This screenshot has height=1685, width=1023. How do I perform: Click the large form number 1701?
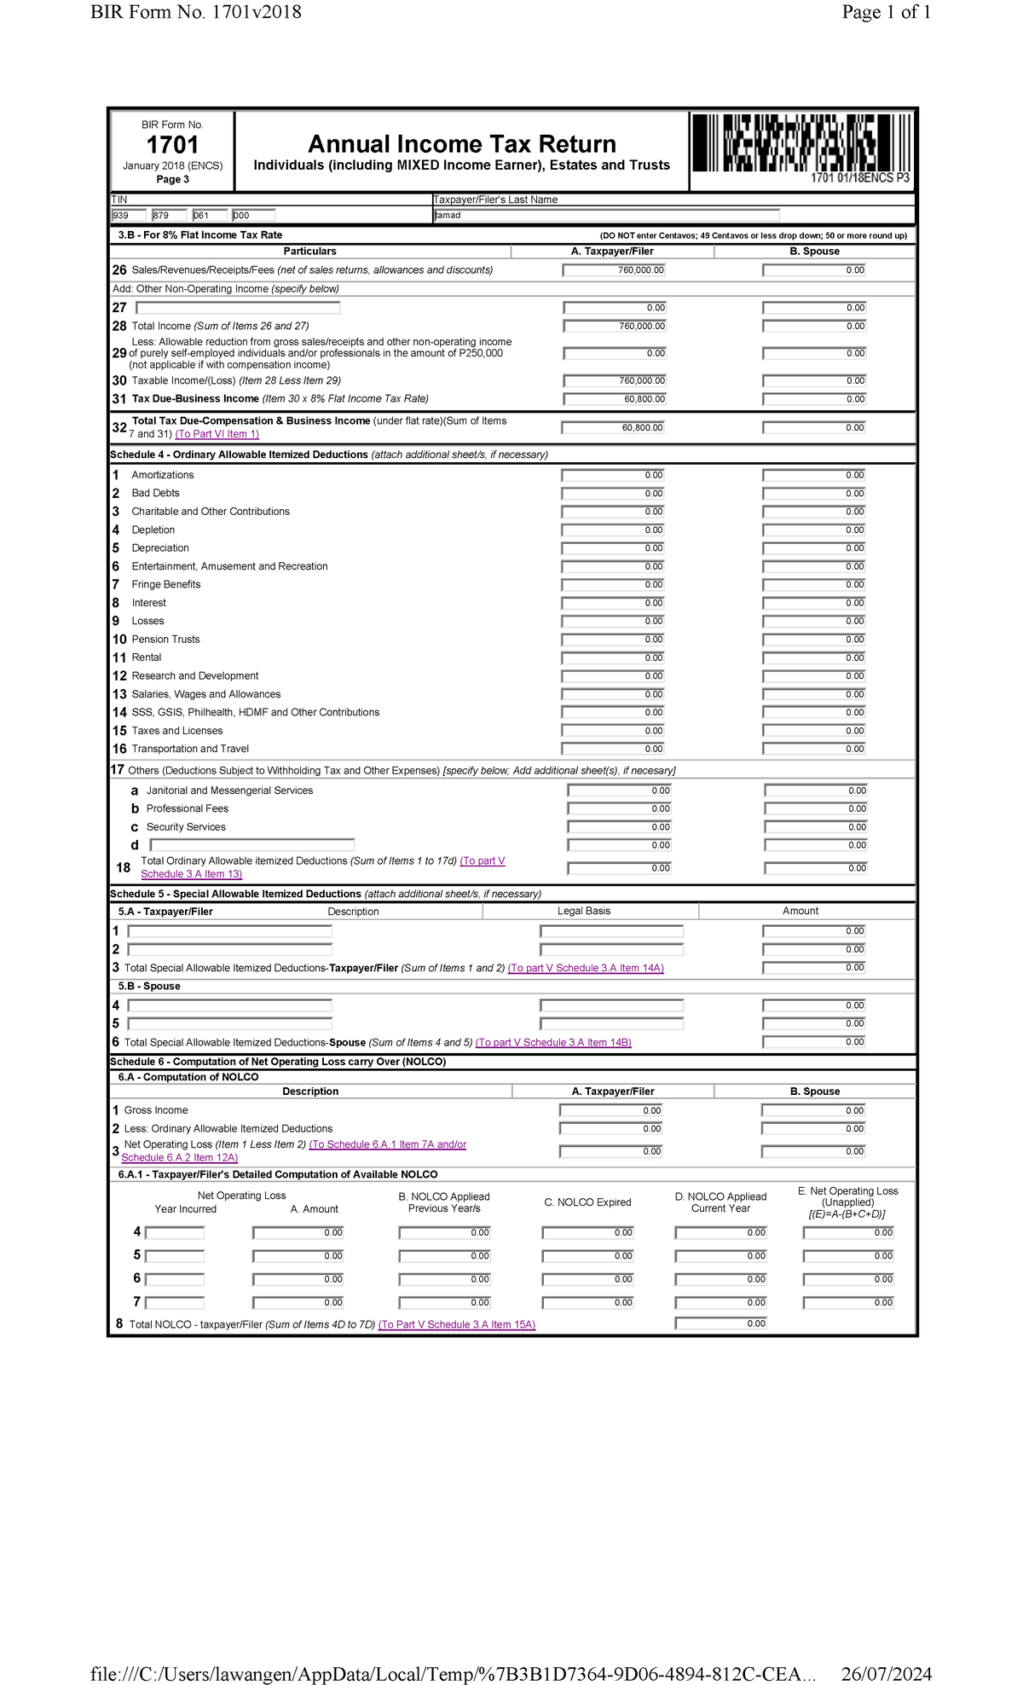click(x=172, y=145)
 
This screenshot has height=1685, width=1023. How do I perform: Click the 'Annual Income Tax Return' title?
click(x=461, y=144)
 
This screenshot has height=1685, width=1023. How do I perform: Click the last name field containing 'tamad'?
click(x=606, y=216)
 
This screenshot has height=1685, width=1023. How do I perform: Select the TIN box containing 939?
click(x=129, y=216)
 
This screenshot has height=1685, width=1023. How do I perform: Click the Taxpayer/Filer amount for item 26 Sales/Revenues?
click(x=614, y=270)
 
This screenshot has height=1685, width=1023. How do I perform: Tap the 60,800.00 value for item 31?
click(x=614, y=399)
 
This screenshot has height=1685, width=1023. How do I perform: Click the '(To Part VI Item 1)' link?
click(x=217, y=434)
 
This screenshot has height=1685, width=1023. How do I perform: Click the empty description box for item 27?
click(x=238, y=308)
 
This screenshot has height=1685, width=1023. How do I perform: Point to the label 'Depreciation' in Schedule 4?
click(x=160, y=548)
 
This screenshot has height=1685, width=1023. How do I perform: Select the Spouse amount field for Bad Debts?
click(x=814, y=494)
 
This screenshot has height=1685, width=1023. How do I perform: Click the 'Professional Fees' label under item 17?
click(x=187, y=808)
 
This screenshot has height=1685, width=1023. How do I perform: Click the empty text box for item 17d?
click(x=251, y=845)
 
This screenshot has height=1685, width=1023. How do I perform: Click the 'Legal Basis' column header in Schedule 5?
click(x=583, y=911)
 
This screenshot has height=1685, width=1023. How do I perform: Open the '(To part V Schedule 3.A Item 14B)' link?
click(x=553, y=1042)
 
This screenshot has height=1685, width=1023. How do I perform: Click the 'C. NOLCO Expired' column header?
click(x=587, y=1202)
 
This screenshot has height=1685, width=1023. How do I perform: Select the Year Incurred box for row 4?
click(x=175, y=1233)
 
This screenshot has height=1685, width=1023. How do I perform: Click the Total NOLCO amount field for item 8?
click(x=720, y=1323)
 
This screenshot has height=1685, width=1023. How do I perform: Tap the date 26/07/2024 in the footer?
click(x=886, y=1673)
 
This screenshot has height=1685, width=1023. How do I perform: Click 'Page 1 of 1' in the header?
click(x=886, y=12)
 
